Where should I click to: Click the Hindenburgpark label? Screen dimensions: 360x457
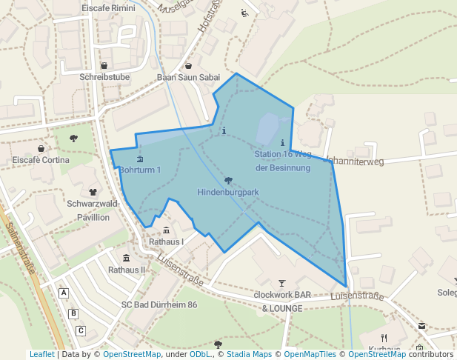coord(228,193)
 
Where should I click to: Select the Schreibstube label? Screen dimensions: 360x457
coord(104,76)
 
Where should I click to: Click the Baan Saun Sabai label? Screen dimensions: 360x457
coord(188,77)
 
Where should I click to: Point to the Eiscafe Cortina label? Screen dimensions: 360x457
coord(41,160)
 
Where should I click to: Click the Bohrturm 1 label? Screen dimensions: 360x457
coord(140,170)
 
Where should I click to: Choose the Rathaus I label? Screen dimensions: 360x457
coord(166,241)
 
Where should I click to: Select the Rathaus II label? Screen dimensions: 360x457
coord(127,270)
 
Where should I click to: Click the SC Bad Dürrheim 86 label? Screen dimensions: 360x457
coord(159,304)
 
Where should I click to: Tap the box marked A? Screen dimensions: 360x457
coord(64,293)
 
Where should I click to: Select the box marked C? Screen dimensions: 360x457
coord(81,330)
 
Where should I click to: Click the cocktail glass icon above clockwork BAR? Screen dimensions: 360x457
coord(281,283)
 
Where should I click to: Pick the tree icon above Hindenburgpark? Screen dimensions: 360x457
coord(228,181)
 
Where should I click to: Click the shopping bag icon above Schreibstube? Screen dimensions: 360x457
coord(104,65)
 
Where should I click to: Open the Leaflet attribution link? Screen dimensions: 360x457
coord(41,355)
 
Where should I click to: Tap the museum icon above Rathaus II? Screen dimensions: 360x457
coord(127,258)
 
